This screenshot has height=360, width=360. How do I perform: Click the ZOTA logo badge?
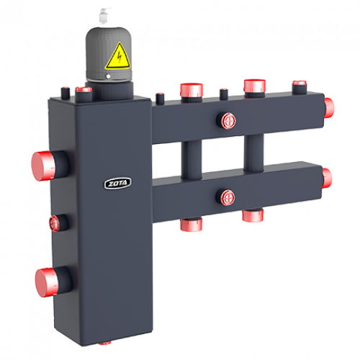tap(117, 184)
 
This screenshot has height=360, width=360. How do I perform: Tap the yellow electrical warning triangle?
tap(118, 57)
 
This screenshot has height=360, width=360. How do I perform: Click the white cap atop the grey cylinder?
tap(105, 17)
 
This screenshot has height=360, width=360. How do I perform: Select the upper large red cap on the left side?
tap(43, 166)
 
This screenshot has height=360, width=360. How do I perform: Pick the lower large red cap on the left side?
tap(47, 282)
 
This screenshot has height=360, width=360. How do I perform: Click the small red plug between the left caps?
tap(54, 223)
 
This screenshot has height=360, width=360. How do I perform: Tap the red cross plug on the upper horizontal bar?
tap(228, 121)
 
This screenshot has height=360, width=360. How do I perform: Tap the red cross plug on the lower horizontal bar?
tap(228, 198)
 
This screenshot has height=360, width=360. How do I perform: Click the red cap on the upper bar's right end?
tap(329, 108)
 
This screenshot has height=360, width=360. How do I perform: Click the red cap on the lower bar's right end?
tap(327, 179)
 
